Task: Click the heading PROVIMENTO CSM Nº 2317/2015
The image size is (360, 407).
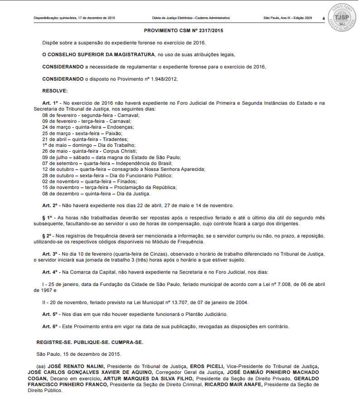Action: click(183, 31)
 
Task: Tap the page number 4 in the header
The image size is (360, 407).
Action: click(323, 18)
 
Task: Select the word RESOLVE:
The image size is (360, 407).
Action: click(55, 91)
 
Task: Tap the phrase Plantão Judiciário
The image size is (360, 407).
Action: click(204, 314)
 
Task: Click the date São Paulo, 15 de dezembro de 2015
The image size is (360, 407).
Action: click(78, 354)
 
